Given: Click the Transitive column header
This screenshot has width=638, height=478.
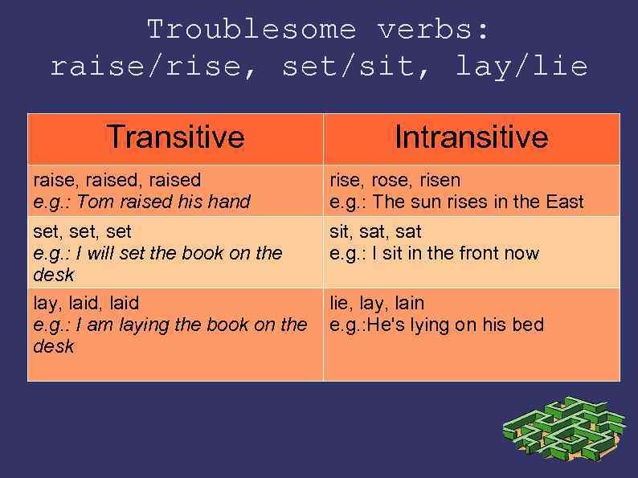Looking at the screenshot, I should tap(175, 137).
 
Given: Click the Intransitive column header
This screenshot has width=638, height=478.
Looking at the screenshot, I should tap(471, 137).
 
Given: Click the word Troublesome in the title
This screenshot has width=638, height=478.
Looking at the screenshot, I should tap(252, 30).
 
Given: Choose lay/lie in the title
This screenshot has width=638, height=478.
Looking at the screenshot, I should tap(521, 66).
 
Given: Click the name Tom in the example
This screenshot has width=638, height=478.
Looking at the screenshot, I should tap(92, 202).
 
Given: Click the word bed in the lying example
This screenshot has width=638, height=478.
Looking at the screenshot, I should tap(529, 325).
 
